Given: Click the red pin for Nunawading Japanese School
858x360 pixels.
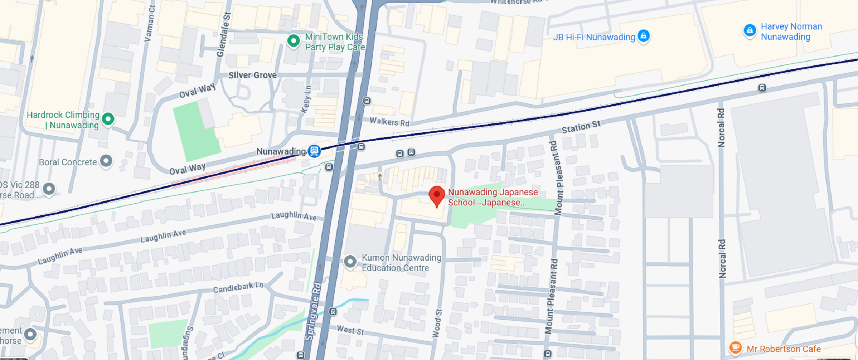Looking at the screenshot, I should tap(437, 196).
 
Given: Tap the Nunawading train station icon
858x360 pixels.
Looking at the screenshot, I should tap(314, 151).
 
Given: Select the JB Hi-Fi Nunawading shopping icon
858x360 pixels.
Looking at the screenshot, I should tap(643, 36).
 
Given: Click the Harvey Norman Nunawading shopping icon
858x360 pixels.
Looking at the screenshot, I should tap(749, 31).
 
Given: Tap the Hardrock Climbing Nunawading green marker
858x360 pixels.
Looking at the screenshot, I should tap(108, 119).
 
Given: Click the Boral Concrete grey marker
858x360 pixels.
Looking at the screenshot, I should tap(106, 161).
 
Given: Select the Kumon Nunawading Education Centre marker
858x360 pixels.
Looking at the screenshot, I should tap(350, 262).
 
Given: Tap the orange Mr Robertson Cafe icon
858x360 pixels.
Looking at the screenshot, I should tap(735, 347).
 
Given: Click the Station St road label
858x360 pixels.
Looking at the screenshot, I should tap(581, 127).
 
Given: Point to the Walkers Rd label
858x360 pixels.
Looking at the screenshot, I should tap(389, 121).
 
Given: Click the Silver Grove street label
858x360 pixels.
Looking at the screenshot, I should tap(252, 75).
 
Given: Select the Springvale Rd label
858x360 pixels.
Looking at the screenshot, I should tap(313, 311).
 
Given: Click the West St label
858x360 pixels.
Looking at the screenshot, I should tap(350, 330).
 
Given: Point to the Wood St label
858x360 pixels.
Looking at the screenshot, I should tap(437, 323).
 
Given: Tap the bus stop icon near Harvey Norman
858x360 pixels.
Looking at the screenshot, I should tap(762, 88).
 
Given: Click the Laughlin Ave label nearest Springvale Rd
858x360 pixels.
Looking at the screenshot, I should tap(294, 216).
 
